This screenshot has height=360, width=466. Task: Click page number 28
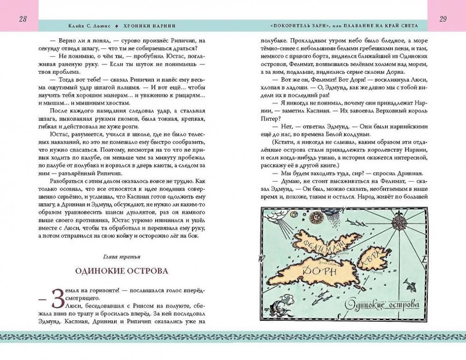tap(22, 19)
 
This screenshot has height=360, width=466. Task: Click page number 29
tap(443, 19)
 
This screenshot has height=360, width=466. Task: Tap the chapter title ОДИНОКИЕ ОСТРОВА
tap(122, 271)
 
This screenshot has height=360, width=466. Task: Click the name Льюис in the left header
tap(107, 26)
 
